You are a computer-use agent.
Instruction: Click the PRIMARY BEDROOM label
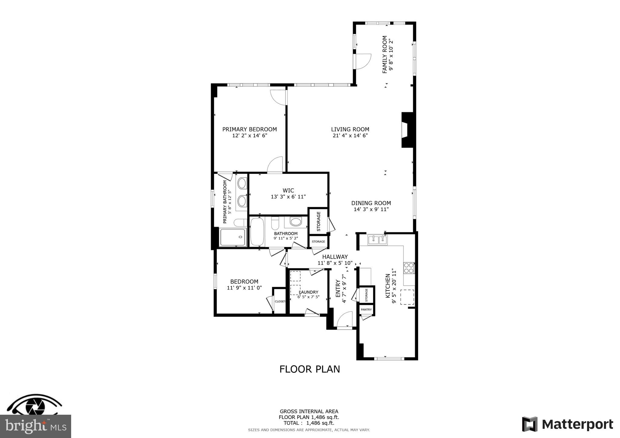(x=249, y=129)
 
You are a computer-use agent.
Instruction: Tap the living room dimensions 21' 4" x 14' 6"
(x=350, y=136)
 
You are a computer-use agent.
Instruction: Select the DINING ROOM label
(x=371, y=203)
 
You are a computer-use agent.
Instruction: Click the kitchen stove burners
(x=409, y=268)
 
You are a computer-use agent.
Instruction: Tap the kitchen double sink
(x=378, y=240)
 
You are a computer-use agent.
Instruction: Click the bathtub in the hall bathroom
(x=257, y=232)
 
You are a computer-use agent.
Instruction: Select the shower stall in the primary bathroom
(x=232, y=237)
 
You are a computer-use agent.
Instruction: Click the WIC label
(x=288, y=191)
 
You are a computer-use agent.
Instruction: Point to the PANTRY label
(x=366, y=310)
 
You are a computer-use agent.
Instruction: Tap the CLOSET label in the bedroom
(x=280, y=302)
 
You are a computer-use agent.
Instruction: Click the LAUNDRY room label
(x=308, y=292)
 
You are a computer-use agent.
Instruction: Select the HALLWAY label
(x=335, y=257)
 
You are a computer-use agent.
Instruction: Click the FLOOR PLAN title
(x=309, y=369)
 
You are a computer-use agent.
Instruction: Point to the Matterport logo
(x=567, y=424)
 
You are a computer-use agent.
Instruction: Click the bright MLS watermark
(x=35, y=427)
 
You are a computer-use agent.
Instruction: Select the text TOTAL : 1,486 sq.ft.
(x=309, y=423)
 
